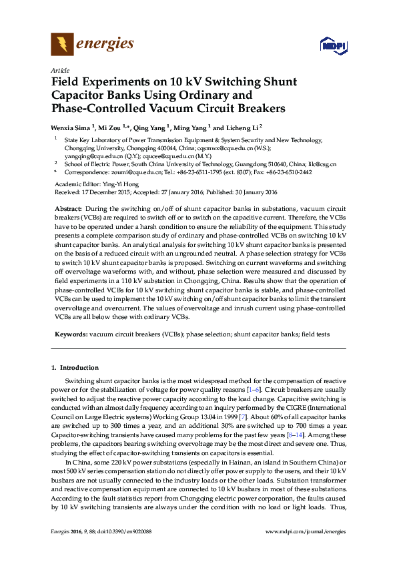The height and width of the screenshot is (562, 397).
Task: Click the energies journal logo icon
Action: pyautogui.click(x=62, y=45)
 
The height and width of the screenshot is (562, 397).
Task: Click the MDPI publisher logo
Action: pyautogui.click(x=332, y=46)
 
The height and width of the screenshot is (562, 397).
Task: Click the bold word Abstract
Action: pyautogui.click(x=68, y=209)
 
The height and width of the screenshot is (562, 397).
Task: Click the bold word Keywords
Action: pyautogui.click(x=71, y=333)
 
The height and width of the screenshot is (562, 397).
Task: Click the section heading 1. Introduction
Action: pyautogui.click(x=75, y=368)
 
